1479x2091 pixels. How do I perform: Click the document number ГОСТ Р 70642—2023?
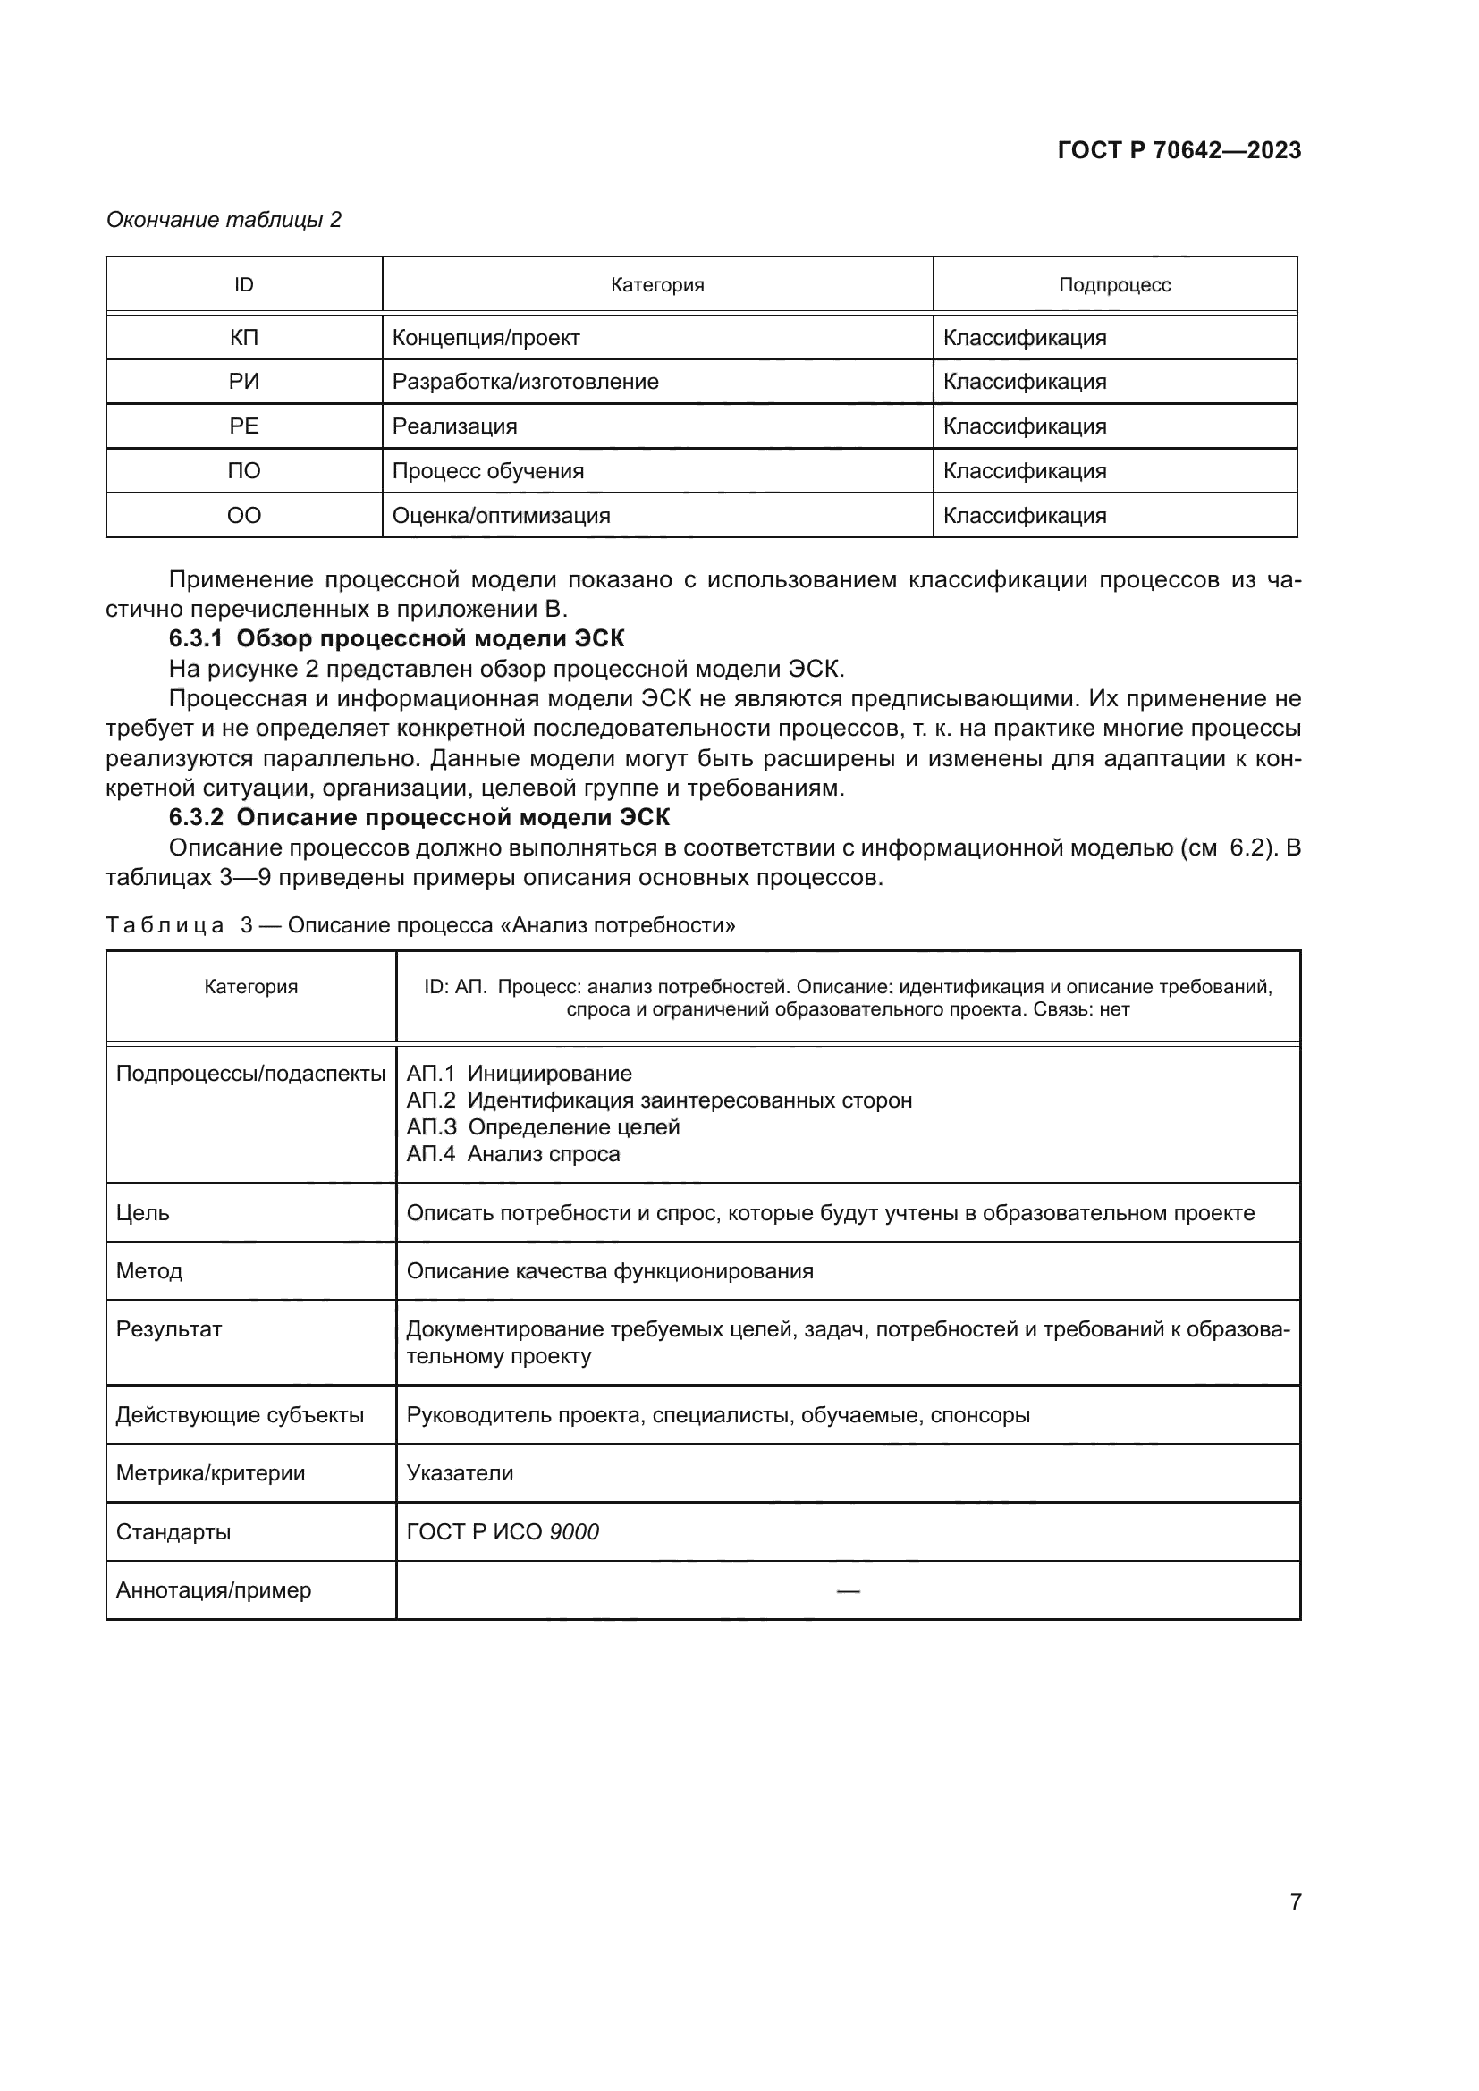click(1179, 150)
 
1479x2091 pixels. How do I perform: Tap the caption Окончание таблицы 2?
click(224, 220)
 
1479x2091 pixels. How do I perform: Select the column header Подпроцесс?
click(1114, 285)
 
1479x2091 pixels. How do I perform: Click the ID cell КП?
click(243, 338)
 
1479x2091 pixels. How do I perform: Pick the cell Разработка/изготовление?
click(526, 382)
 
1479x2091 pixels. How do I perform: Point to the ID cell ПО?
click(243, 471)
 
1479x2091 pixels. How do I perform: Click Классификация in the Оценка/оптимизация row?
click(1025, 516)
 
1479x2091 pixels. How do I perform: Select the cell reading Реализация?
click(454, 426)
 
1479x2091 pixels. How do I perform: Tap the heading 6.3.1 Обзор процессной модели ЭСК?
click(396, 638)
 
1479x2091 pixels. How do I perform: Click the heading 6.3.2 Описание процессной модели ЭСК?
click(418, 817)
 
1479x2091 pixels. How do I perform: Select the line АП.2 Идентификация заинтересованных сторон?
click(658, 1100)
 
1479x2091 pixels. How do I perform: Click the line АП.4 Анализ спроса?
click(512, 1154)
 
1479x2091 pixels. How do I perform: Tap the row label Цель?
click(143, 1213)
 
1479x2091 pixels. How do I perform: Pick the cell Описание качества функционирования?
click(609, 1270)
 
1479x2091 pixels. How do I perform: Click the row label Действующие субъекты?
click(240, 1414)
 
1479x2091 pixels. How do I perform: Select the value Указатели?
click(460, 1472)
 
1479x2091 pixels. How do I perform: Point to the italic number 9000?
click(574, 1532)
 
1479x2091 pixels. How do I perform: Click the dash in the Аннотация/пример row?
click(848, 1590)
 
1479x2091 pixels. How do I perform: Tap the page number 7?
click(1295, 1901)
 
